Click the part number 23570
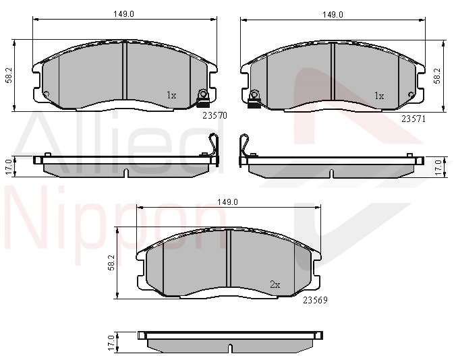215,116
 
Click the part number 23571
414,119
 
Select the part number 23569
315,300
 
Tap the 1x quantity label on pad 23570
171,95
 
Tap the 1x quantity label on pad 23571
379,96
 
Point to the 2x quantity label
275,284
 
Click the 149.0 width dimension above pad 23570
124,14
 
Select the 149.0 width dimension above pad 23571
333,15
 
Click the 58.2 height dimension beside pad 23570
9,76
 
